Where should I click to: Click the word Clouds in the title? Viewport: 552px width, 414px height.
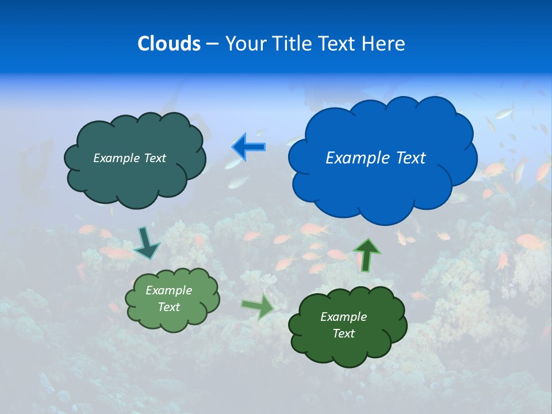[x=169, y=44]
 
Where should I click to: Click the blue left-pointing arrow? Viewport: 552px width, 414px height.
[x=248, y=147]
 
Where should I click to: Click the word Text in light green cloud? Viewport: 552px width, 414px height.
[x=169, y=307]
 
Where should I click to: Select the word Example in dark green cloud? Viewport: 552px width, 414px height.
[x=343, y=317]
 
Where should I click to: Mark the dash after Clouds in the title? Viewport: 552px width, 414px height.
[x=212, y=44]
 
